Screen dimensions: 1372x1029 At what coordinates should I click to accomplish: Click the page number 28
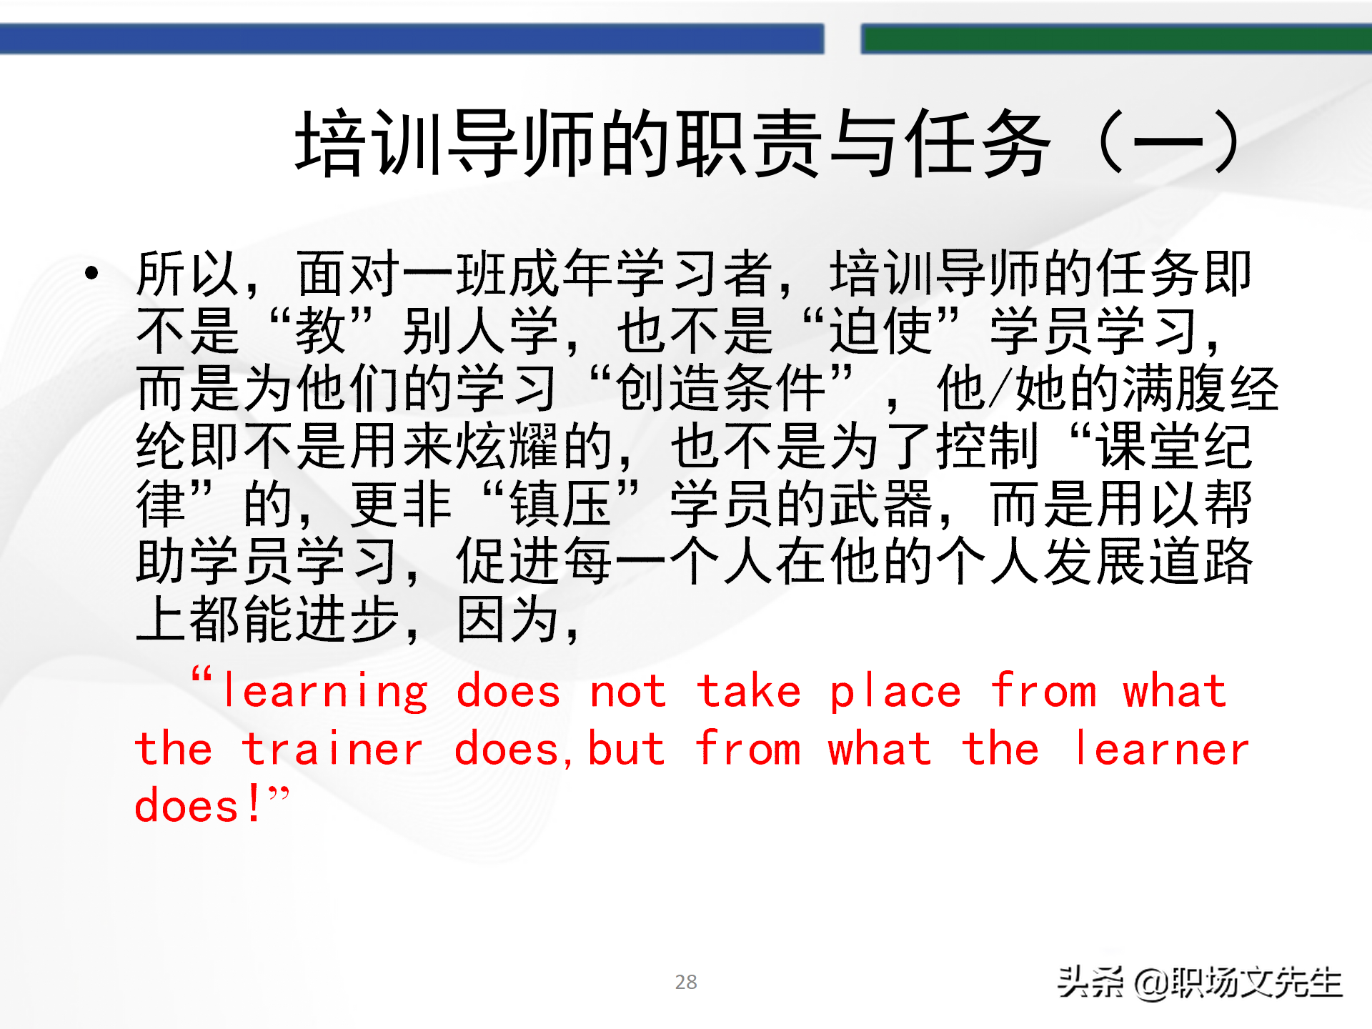tap(686, 982)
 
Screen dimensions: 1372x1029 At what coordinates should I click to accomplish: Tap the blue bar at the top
tap(412, 39)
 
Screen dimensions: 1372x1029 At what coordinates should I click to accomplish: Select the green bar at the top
tap(1116, 39)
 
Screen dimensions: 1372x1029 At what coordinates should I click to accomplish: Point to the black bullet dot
tap(91, 272)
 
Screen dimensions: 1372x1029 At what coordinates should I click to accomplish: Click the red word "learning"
tap(325, 692)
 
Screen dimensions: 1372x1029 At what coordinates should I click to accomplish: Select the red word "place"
tap(895, 692)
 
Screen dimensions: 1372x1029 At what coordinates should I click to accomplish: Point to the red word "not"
tap(627, 692)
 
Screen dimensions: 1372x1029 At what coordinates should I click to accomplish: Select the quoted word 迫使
tap(881, 331)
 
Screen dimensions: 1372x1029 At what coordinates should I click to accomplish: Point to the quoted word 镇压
tap(561, 504)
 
